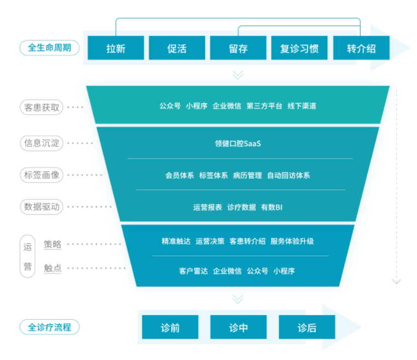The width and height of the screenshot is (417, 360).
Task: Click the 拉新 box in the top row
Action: pos(116,48)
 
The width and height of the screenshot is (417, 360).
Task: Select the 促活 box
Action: pos(177,48)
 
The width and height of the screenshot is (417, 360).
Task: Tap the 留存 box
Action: pos(238,48)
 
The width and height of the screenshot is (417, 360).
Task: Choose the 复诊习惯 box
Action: pos(299,48)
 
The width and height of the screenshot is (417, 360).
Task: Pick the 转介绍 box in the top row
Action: pos(361,48)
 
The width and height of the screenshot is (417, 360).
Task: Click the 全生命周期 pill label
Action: pos(49,48)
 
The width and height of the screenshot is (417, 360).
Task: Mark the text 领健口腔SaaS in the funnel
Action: pos(238,144)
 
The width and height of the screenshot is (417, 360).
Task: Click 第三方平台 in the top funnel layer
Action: pos(264,106)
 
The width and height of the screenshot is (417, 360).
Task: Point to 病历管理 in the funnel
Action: pos(247,175)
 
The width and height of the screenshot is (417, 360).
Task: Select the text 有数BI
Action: pos(272,207)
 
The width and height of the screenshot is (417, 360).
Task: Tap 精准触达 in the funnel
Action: pos(176,241)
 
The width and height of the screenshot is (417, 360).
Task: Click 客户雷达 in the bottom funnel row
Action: pos(193,270)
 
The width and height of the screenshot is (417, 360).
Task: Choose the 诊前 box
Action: pos(170,328)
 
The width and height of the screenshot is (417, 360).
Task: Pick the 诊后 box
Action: pos(307,328)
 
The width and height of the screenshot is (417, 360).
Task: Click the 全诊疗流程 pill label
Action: pos(49,327)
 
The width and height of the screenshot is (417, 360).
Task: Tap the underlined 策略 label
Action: pos(53,244)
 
